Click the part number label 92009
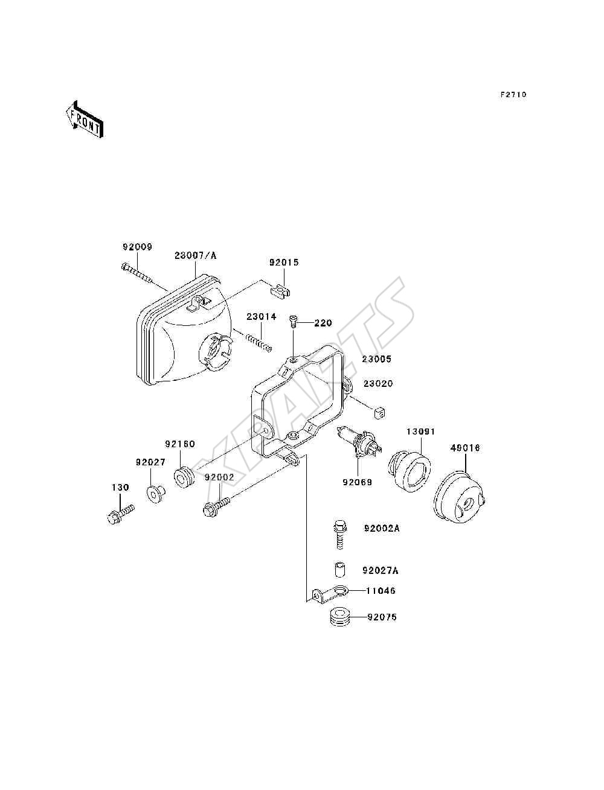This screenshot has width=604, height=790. tap(138, 247)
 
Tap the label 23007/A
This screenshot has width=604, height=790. tap(196, 256)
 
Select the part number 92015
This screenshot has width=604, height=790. tap(284, 263)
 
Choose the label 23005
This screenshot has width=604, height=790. tap(377, 359)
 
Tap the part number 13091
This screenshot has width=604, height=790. tap(420, 431)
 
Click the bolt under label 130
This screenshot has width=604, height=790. tap(121, 513)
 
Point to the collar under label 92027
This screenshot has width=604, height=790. tap(155, 494)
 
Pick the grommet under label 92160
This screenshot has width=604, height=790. tap(184, 477)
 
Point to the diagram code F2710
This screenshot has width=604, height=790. tap(513, 95)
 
